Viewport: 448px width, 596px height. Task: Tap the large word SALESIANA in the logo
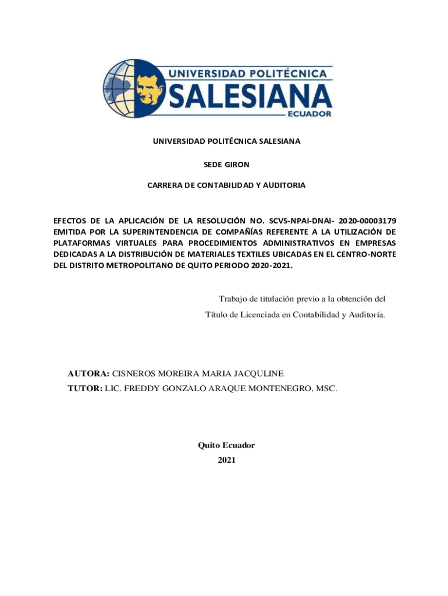(x=251, y=95)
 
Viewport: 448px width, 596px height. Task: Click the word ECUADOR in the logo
(x=310, y=114)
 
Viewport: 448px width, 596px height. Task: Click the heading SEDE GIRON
(x=226, y=165)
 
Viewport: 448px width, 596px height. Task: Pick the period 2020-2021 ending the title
(x=272, y=265)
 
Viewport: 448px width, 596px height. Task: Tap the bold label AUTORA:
(x=88, y=373)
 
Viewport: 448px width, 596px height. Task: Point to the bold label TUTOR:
(x=85, y=387)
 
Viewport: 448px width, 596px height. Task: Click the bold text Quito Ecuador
(x=226, y=445)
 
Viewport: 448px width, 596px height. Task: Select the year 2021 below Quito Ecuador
(x=226, y=460)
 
